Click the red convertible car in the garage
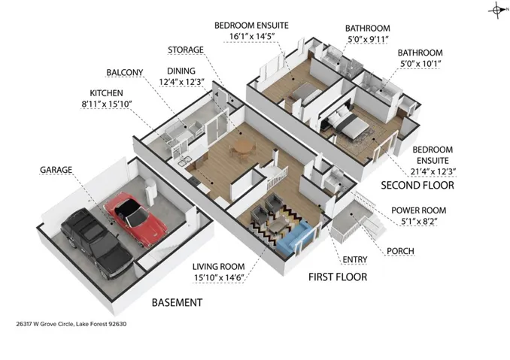coord(135,219)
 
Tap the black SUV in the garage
coord(97,243)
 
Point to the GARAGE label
coord(56,170)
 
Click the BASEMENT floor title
coord(177,302)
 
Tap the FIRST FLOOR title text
coord(338,277)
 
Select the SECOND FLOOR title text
coord(417,185)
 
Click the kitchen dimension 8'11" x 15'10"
coord(106,104)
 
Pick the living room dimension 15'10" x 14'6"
coord(219,278)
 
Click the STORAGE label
coord(186,50)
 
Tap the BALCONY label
coord(125,72)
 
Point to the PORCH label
coord(400,251)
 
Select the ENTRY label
coord(355,259)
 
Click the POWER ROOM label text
coord(418,210)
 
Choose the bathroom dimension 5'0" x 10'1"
coord(420,64)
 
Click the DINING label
coord(181,71)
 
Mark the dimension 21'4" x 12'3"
coord(433,171)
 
